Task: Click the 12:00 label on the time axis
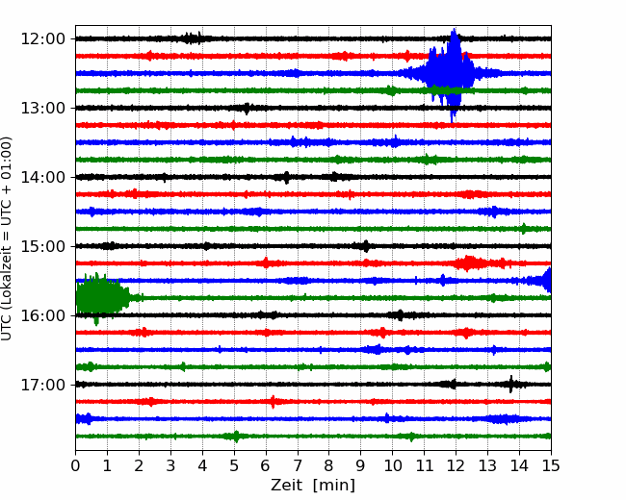(42, 39)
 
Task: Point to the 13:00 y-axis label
(42, 108)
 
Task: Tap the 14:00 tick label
(42, 177)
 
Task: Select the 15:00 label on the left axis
(42, 246)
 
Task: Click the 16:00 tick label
(42, 315)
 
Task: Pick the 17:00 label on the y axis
(42, 385)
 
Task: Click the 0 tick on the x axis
(75, 465)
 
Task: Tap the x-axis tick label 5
(234, 465)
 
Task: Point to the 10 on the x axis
(392, 465)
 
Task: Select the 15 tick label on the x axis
(551, 465)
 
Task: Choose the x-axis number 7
(298, 465)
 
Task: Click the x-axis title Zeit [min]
(313, 486)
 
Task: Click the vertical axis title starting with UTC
(6, 238)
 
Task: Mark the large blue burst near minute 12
(450, 73)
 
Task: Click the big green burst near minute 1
(102, 298)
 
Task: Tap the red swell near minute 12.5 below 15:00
(470, 263)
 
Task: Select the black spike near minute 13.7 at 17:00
(511, 385)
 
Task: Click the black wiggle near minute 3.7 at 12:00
(192, 38)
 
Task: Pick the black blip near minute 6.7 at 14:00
(286, 177)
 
